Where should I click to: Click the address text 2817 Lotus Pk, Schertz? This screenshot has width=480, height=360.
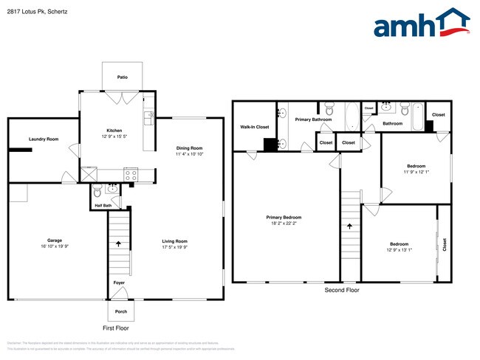(x=39, y=11)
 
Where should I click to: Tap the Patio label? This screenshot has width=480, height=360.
(x=123, y=77)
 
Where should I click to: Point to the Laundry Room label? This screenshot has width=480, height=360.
(x=43, y=139)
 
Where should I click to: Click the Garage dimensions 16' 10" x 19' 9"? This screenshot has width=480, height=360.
(x=55, y=246)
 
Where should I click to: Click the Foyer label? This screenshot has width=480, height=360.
(x=119, y=283)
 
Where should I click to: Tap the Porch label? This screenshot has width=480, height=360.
(x=121, y=311)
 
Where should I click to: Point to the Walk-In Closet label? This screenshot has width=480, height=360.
(x=254, y=127)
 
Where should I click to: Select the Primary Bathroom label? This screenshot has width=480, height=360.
(x=313, y=120)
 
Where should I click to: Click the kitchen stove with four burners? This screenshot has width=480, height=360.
(x=131, y=176)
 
